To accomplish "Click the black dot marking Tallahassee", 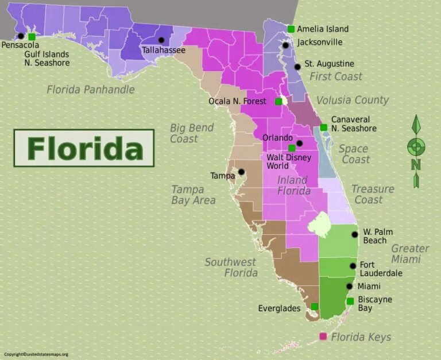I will (161, 40).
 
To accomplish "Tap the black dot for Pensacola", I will (21, 36).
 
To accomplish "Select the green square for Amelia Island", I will (291, 29).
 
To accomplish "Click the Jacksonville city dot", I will (285, 45).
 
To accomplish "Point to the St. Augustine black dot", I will (297, 67).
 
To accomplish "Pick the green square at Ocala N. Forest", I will (278, 102).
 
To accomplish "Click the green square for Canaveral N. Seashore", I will (324, 127).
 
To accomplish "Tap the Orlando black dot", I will (299, 142).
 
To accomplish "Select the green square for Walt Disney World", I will (292, 148).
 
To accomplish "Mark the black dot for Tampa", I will (242, 172).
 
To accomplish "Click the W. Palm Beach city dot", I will (355, 234).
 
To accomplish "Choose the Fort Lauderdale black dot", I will (353, 266).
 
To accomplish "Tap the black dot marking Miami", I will (349, 287).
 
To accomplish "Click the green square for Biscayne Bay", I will (350, 301).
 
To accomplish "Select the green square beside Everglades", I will (315, 306).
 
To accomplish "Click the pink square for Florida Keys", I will (323, 336).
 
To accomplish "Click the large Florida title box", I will (84, 148).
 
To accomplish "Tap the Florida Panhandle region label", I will (91, 90).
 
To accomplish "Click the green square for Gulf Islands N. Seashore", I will (32, 37).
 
